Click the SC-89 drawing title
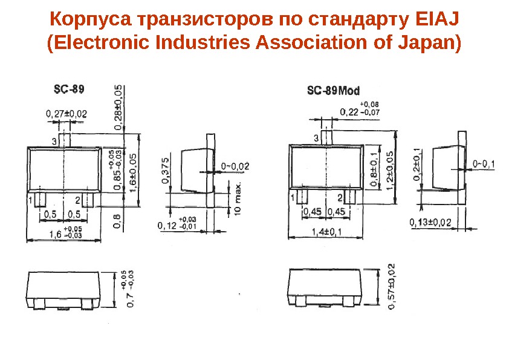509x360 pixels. pyautogui.click(x=66, y=90)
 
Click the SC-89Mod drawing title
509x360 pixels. pyautogui.click(x=333, y=91)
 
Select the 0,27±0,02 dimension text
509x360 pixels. pyautogui.click(x=66, y=113)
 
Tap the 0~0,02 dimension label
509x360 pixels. pyautogui.click(x=235, y=165)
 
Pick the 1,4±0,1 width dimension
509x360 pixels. pyautogui.click(x=326, y=231)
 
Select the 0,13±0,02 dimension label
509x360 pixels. pyautogui.click(x=430, y=223)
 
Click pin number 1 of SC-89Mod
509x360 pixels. pyautogui.click(x=293, y=198)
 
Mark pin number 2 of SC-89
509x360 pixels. pyautogui.click(x=78, y=199)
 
